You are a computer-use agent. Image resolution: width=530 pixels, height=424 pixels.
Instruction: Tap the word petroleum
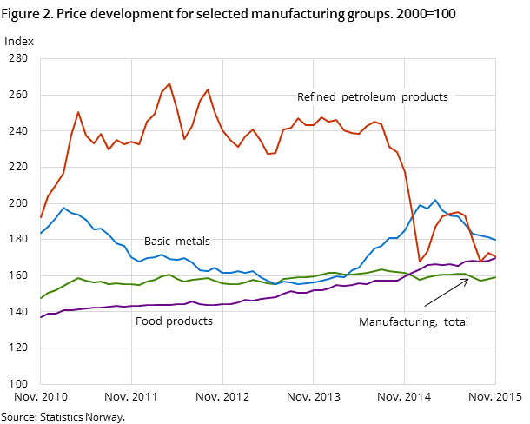[x=371, y=97]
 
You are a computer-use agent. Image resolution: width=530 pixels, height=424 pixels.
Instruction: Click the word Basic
[x=158, y=242]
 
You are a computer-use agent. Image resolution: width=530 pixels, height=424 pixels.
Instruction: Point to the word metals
[x=194, y=242]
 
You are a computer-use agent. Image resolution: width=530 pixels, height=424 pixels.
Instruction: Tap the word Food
[x=149, y=321]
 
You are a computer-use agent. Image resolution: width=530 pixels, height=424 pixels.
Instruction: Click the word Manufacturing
[x=395, y=322]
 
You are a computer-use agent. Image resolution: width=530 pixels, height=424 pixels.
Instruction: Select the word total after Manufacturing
[x=454, y=322]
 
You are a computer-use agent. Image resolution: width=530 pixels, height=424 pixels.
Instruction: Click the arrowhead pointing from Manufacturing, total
[x=467, y=279]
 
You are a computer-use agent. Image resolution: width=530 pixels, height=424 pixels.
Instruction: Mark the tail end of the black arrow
[x=425, y=306]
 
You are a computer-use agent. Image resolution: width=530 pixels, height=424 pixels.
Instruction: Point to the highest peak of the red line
[x=169, y=83]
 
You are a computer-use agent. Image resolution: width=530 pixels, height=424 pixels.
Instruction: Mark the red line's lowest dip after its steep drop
[x=420, y=262]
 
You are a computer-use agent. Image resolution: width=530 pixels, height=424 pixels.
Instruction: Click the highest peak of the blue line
[x=435, y=200]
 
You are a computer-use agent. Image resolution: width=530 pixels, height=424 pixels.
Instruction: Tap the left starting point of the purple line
[x=41, y=317]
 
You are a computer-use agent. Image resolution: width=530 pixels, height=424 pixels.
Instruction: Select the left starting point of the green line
[x=41, y=298]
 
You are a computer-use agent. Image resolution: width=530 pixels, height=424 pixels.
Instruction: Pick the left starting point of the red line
[x=41, y=217]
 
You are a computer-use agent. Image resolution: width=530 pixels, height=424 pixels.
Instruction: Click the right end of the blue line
[x=495, y=240]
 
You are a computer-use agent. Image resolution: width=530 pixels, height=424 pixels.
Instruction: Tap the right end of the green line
[x=495, y=277]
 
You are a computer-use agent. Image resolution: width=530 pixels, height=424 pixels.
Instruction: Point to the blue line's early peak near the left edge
[x=63, y=208]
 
